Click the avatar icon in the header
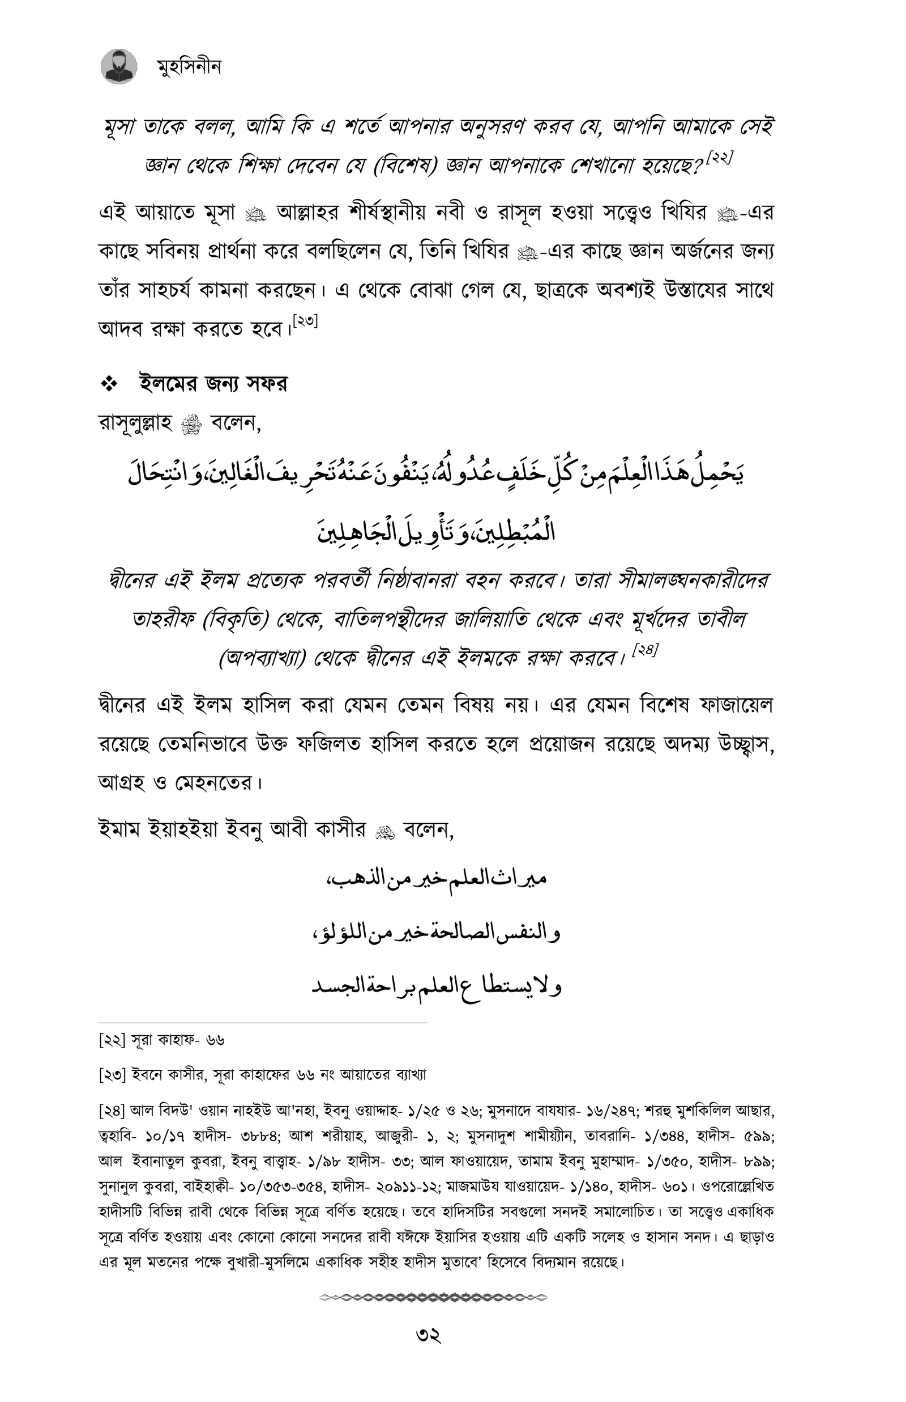click(x=119, y=66)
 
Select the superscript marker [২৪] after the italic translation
click(x=645, y=651)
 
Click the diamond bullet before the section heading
click(x=109, y=384)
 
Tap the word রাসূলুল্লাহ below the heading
click(x=135, y=423)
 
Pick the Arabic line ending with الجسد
click(x=436, y=987)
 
